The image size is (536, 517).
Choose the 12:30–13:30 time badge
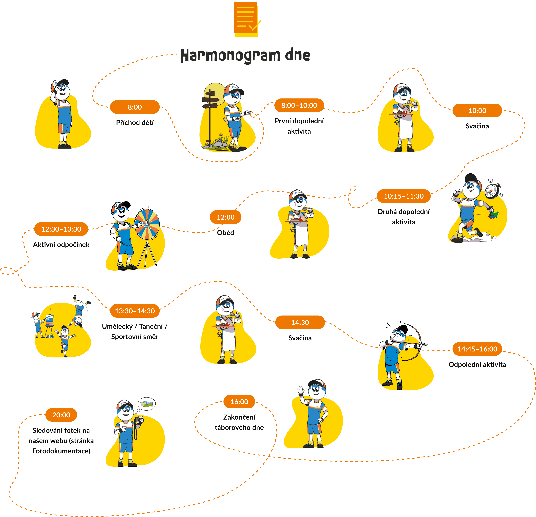click(x=61, y=229)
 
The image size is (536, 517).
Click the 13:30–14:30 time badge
click(x=135, y=311)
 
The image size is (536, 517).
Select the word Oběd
click(x=226, y=233)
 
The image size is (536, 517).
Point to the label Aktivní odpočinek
click(x=61, y=245)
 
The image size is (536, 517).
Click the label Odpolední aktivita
click(x=477, y=364)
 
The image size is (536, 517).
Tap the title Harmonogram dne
click(x=245, y=56)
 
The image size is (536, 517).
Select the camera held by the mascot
click(x=140, y=420)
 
